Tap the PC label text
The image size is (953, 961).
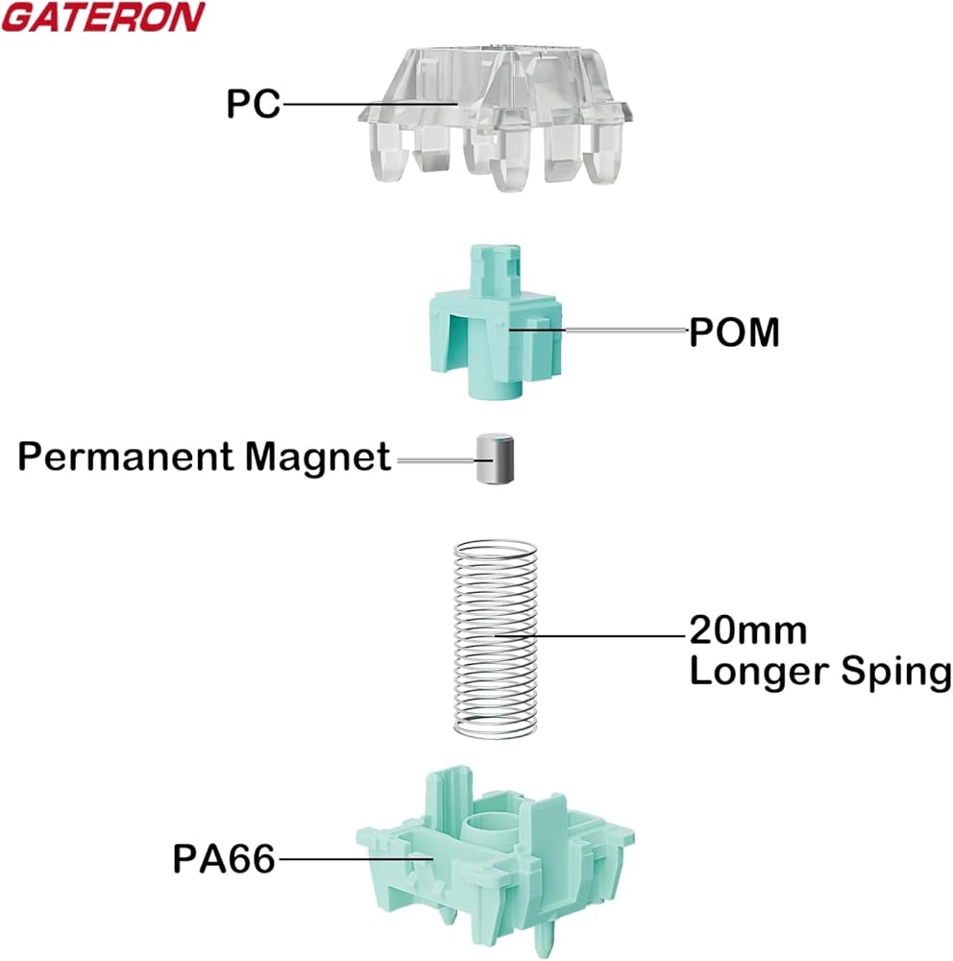tap(253, 103)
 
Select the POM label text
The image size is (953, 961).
tap(734, 333)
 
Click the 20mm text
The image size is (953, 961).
tap(747, 631)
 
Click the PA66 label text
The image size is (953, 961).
tap(223, 857)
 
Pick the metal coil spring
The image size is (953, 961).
tap(492, 639)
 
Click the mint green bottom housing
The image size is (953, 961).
tap(495, 846)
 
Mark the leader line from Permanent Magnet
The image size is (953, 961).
tap(437, 462)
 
